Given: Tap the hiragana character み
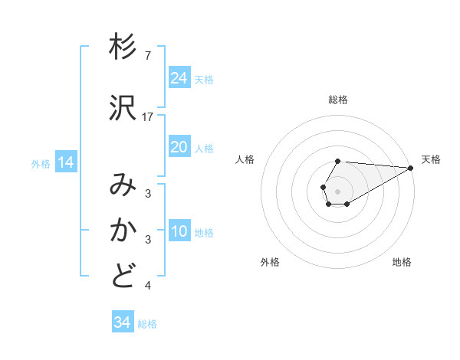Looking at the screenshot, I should click(123, 185).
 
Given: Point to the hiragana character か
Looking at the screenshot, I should click(123, 230).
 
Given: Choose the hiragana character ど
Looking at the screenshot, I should click(123, 275).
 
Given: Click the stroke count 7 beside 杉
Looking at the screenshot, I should click(147, 56).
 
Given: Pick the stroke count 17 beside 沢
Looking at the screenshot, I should click(149, 117).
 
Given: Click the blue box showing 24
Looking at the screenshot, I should click(179, 78).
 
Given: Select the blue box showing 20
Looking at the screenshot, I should click(179, 147).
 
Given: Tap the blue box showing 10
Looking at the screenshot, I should click(179, 231).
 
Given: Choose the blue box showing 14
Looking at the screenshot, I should click(66, 162).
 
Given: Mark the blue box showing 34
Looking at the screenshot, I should click(122, 322).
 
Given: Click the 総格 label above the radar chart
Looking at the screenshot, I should click(338, 100).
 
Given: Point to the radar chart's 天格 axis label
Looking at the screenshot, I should click(431, 159).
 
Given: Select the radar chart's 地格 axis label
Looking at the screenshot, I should click(402, 262).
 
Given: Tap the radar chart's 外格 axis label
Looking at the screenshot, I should click(270, 262).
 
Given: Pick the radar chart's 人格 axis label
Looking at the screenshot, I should click(245, 159).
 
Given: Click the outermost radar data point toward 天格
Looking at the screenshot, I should click(411, 168).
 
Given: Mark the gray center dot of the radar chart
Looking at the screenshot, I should click(338, 191).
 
